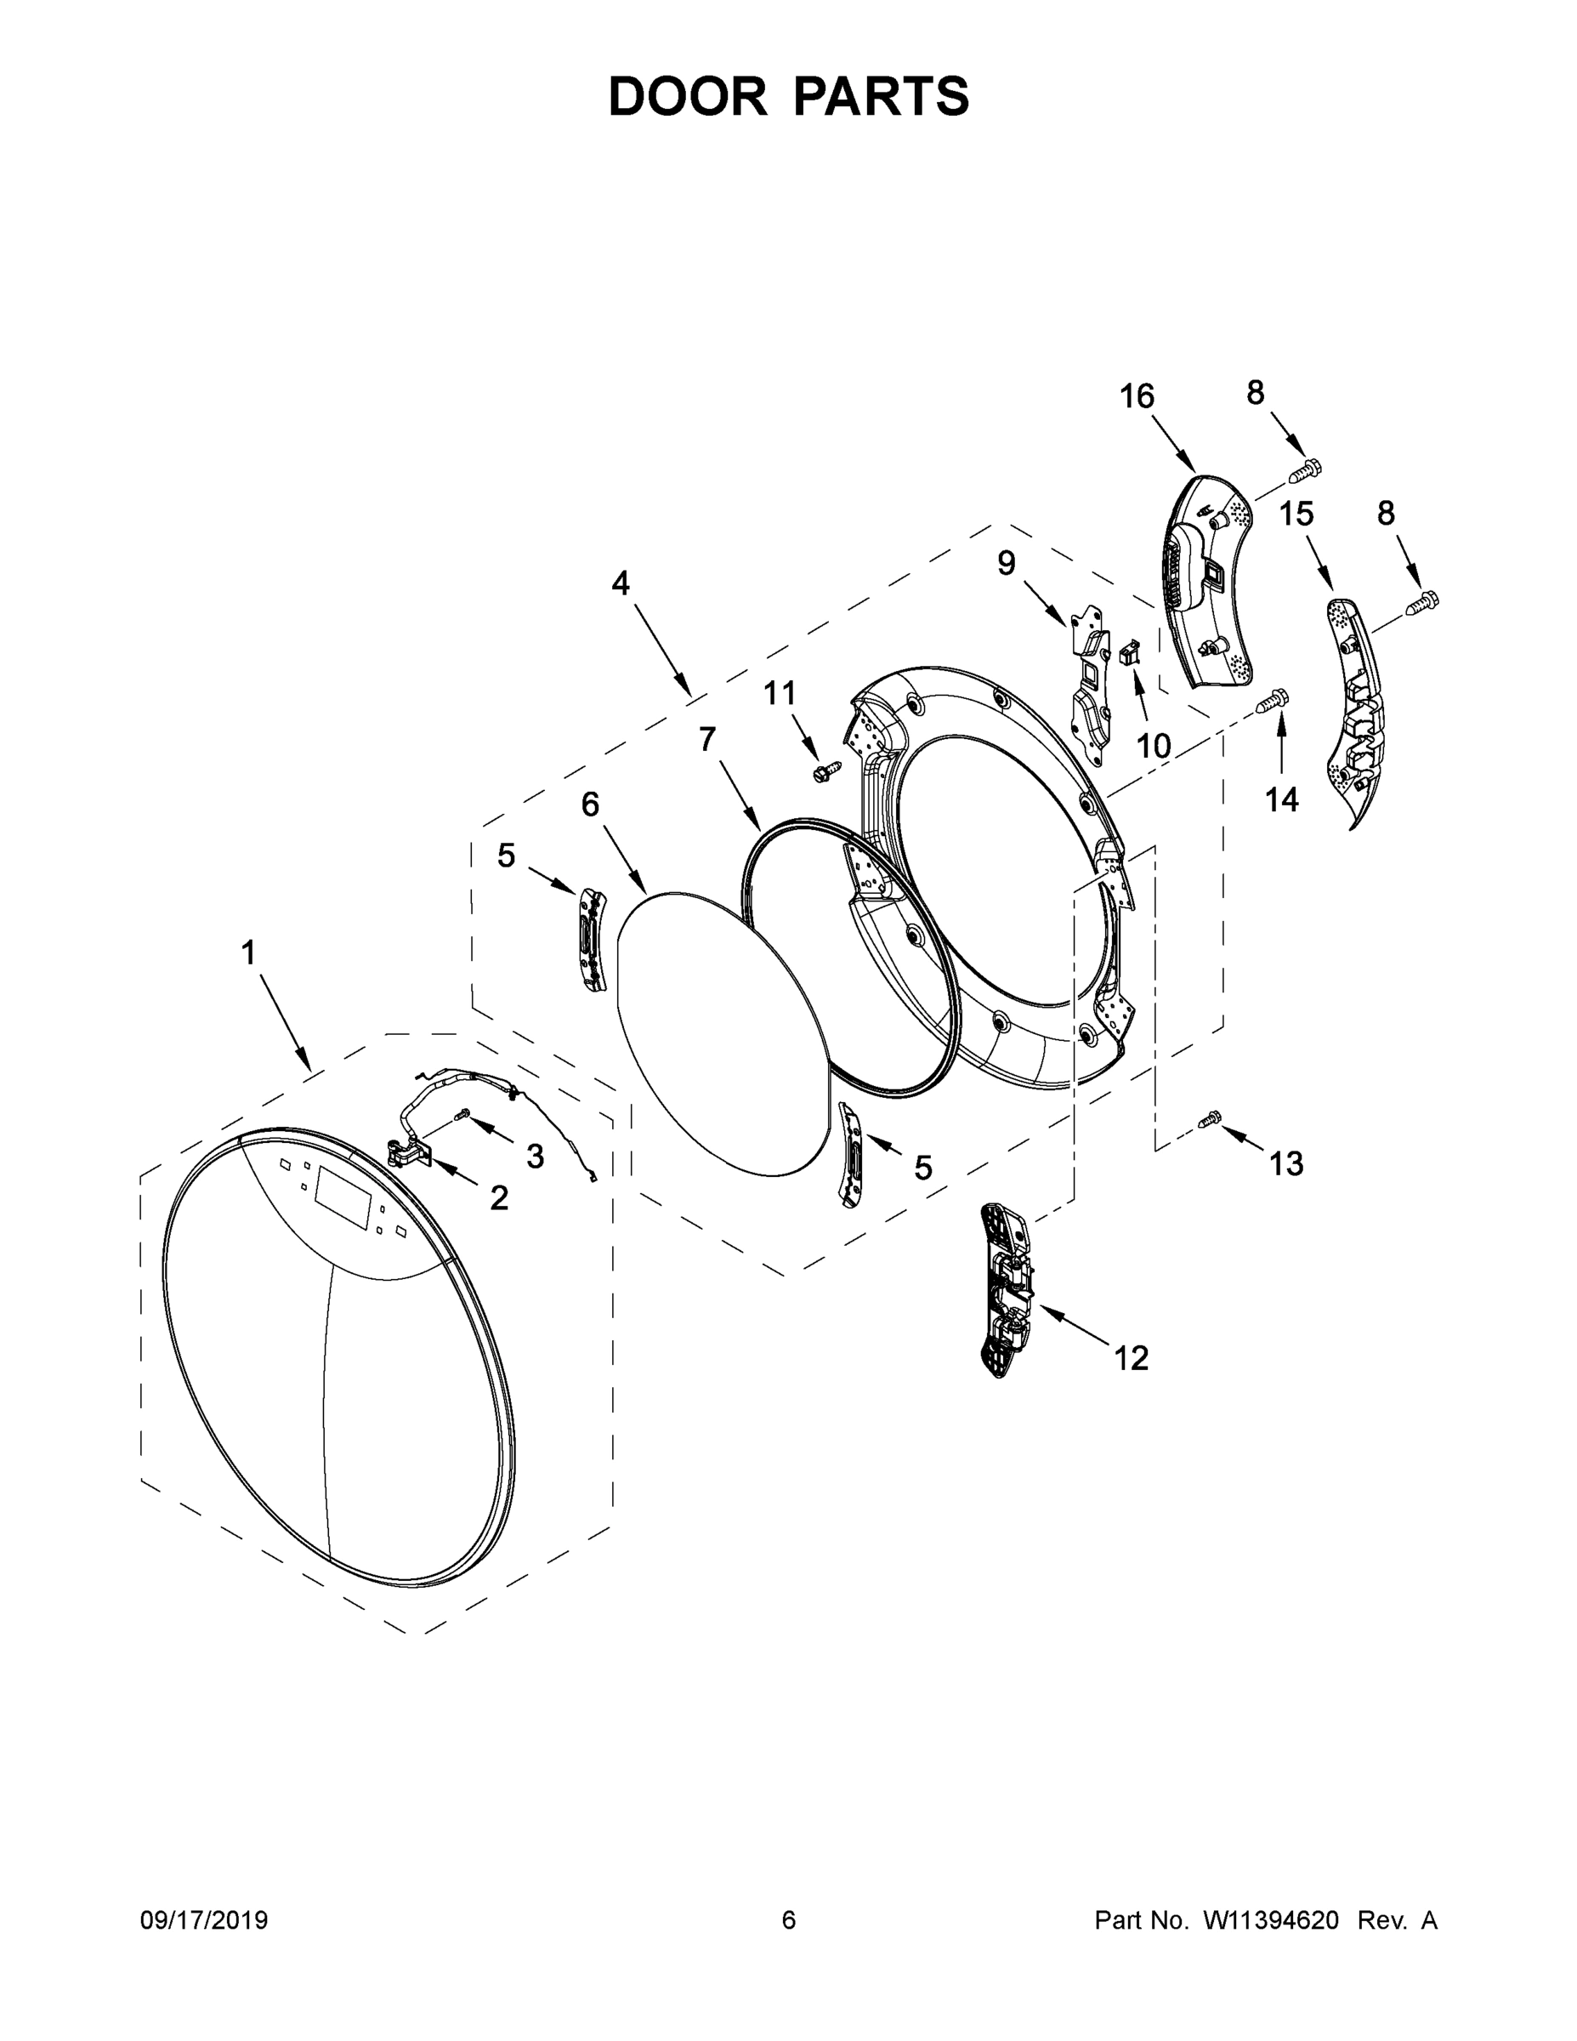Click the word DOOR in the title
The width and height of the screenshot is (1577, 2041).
688,97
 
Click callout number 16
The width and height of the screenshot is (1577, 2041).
1137,397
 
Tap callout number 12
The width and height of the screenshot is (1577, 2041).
1131,1358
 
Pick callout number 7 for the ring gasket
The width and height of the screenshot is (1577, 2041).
707,739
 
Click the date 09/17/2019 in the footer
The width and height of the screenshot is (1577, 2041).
204,1920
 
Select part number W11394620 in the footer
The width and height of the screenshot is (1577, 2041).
1271,1920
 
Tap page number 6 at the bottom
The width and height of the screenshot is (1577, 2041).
789,1920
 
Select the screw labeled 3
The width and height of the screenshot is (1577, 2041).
462,1115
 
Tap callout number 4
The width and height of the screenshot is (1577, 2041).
621,584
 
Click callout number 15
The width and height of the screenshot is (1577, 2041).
1296,514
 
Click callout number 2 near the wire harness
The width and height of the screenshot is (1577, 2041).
499,1198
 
